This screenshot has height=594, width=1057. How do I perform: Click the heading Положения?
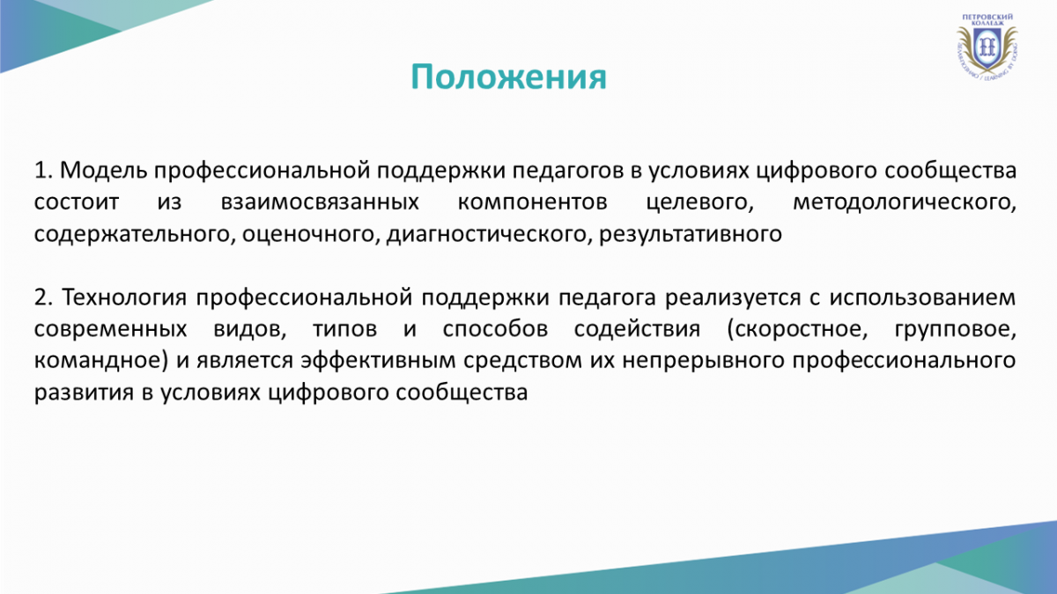(508, 77)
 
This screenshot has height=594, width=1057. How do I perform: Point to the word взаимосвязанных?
(320, 202)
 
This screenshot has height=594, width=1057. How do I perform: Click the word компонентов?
(532, 202)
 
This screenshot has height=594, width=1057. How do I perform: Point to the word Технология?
(124, 298)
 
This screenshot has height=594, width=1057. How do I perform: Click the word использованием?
(922, 298)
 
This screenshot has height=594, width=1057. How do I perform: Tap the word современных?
(110, 329)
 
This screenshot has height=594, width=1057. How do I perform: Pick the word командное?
(98, 361)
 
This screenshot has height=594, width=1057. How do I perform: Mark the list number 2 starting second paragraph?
(41, 297)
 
